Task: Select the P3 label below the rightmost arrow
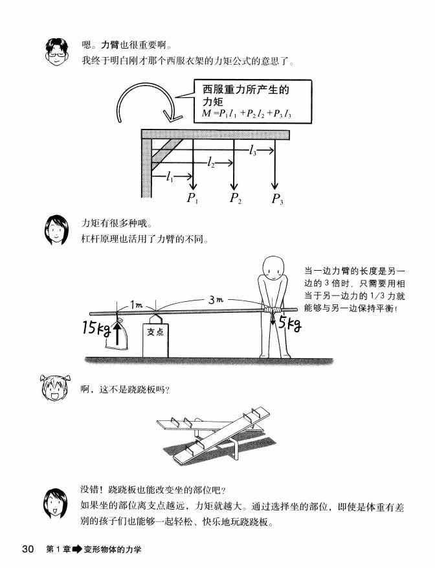pyautogui.click(x=277, y=199)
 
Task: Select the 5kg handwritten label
pyautogui.click(x=289, y=324)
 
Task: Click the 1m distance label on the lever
pyautogui.click(x=136, y=304)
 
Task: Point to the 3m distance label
pyautogui.click(x=217, y=300)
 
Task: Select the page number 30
pyautogui.click(x=28, y=549)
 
